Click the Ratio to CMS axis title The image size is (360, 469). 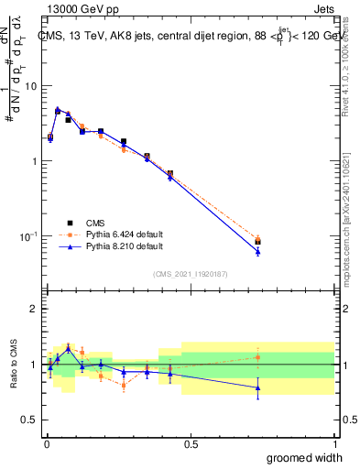coord(13,365)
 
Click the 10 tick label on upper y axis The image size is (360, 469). coord(29,86)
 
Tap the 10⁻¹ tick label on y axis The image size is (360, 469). coord(27,236)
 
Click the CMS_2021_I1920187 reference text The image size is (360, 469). coord(191,272)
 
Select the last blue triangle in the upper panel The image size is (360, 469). coord(257,251)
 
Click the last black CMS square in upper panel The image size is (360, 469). coord(257,242)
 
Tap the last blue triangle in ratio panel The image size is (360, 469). coord(257,387)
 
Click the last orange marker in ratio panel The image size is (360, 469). coord(257,357)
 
